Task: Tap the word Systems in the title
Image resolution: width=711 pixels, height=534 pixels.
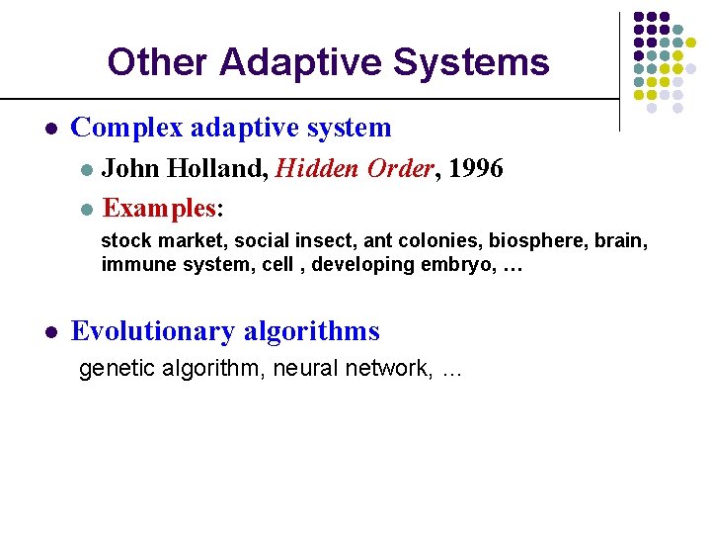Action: point(471,62)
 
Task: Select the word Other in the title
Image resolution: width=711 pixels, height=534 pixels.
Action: point(158,62)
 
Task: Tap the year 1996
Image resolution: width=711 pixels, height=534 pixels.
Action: point(475,169)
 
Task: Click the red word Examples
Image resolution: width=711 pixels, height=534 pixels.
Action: point(159,208)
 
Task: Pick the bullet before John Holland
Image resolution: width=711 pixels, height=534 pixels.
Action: point(87,170)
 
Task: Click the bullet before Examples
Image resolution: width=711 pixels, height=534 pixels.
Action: point(87,209)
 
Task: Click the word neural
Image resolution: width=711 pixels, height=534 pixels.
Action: point(300,369)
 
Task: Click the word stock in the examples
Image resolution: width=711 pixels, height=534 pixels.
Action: point(124,240)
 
